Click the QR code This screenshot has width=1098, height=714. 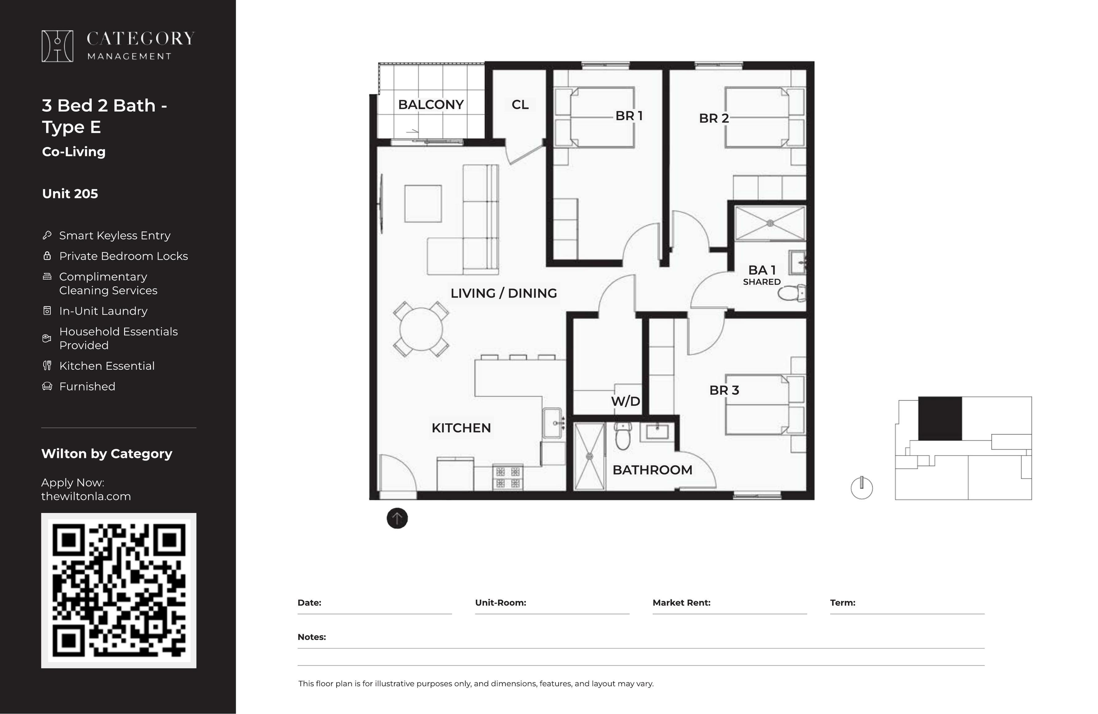tap(119, 590)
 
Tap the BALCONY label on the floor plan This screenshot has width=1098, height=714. tap(431, 105)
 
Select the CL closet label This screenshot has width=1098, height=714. tap(520, 105)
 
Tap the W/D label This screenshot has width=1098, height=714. tap(626, 401)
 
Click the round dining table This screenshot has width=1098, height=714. tap(421, 329)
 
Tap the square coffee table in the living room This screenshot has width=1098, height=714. tap(423, 204)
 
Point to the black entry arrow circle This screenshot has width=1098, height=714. tap(397, 518)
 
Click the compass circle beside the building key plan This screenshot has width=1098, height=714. tap(862, 488)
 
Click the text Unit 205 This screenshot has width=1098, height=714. tap(70, 194)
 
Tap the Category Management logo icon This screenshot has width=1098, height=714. tap(57, 46)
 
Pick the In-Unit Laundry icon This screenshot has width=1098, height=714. tap(47, 311)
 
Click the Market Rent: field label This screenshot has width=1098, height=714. tap(681, 603)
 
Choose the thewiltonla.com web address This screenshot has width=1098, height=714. tap(86, 497)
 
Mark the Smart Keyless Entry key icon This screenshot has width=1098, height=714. tap(47, 235)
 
